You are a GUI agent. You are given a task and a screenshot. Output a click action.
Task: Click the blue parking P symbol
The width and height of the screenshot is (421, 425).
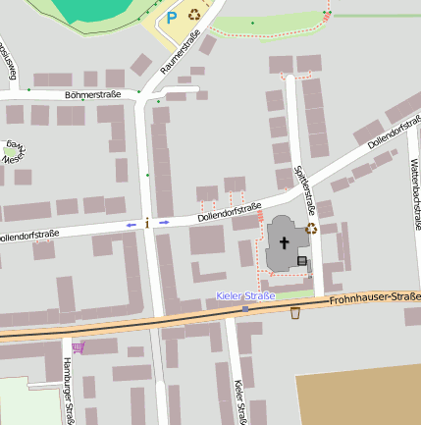(x=171, y=17)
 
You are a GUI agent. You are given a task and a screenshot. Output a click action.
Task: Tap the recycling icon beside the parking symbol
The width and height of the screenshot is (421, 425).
(x=194, y=15)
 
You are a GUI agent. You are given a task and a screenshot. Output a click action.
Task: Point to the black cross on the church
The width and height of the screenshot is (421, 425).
(x=285, y=241)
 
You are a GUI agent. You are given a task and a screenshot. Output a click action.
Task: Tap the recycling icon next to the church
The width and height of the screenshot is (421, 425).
(x=312, y=229)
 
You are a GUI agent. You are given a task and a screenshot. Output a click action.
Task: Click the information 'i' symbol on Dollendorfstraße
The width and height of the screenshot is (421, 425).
(x=147, y=224)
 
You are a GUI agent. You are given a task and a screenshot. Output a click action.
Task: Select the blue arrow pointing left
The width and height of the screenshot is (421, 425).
(x=131, y=224)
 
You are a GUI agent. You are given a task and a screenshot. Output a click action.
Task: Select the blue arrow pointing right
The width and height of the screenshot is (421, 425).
(x=164, y=222)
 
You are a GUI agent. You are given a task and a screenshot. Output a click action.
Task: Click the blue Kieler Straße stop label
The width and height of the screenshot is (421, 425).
(x=245, y=295)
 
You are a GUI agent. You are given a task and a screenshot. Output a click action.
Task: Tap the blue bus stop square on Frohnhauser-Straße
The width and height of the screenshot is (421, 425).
(x=245, y=308)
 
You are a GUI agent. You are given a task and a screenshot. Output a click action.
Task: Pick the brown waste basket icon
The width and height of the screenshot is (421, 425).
(x=295, y=313)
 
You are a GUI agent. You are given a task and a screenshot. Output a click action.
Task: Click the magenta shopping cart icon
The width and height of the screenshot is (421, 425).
(x=78, y=346)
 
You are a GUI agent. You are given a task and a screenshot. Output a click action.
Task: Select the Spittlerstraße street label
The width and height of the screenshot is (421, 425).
(x=305, y=189)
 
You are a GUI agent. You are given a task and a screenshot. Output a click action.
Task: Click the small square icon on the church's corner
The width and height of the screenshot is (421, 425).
(x=302, y=260)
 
